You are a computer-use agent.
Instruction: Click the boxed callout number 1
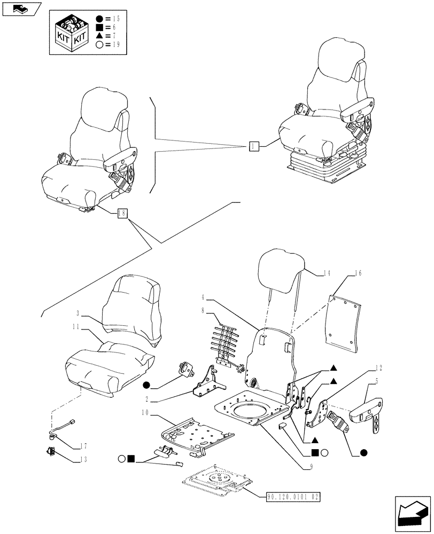point(254,146)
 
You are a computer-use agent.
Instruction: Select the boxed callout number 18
point(122,213)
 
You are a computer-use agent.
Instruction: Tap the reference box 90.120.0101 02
point(295,496)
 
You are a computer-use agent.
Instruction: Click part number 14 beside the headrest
point(327,273)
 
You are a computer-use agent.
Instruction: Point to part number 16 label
point(358,273)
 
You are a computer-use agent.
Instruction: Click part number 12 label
point(378,368)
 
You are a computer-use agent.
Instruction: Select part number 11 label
point(78,325)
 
